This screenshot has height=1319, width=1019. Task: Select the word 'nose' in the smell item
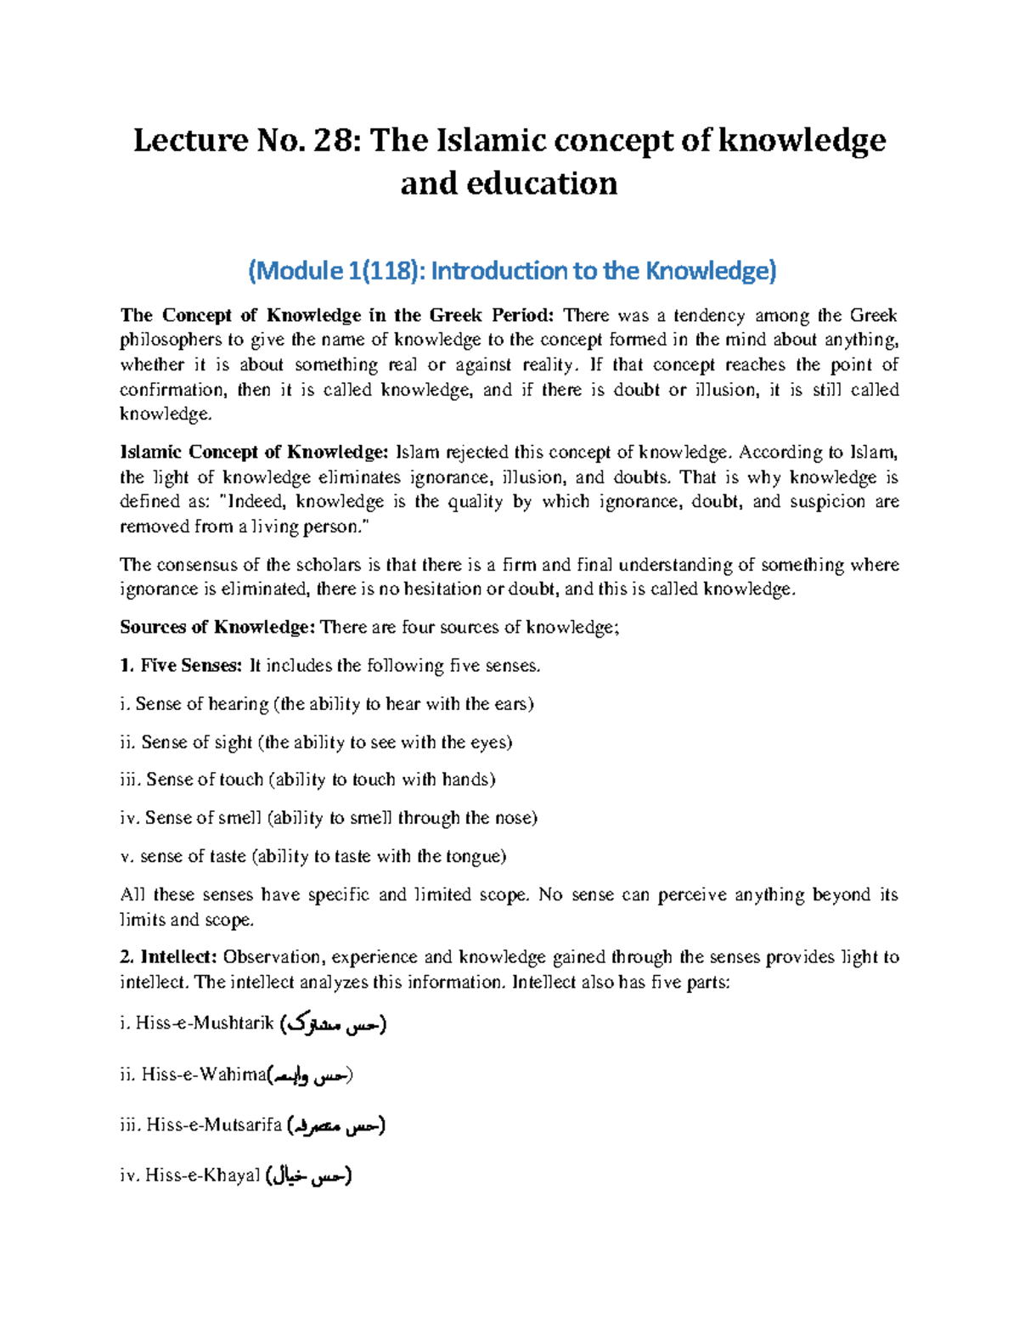tap(515, 818)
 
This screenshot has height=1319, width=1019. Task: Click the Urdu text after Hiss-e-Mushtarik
tap(334, 1024)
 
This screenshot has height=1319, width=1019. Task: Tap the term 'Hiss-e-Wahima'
tap(204, 1074)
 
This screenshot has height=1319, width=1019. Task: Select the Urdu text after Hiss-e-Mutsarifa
tap(336, 1125)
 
